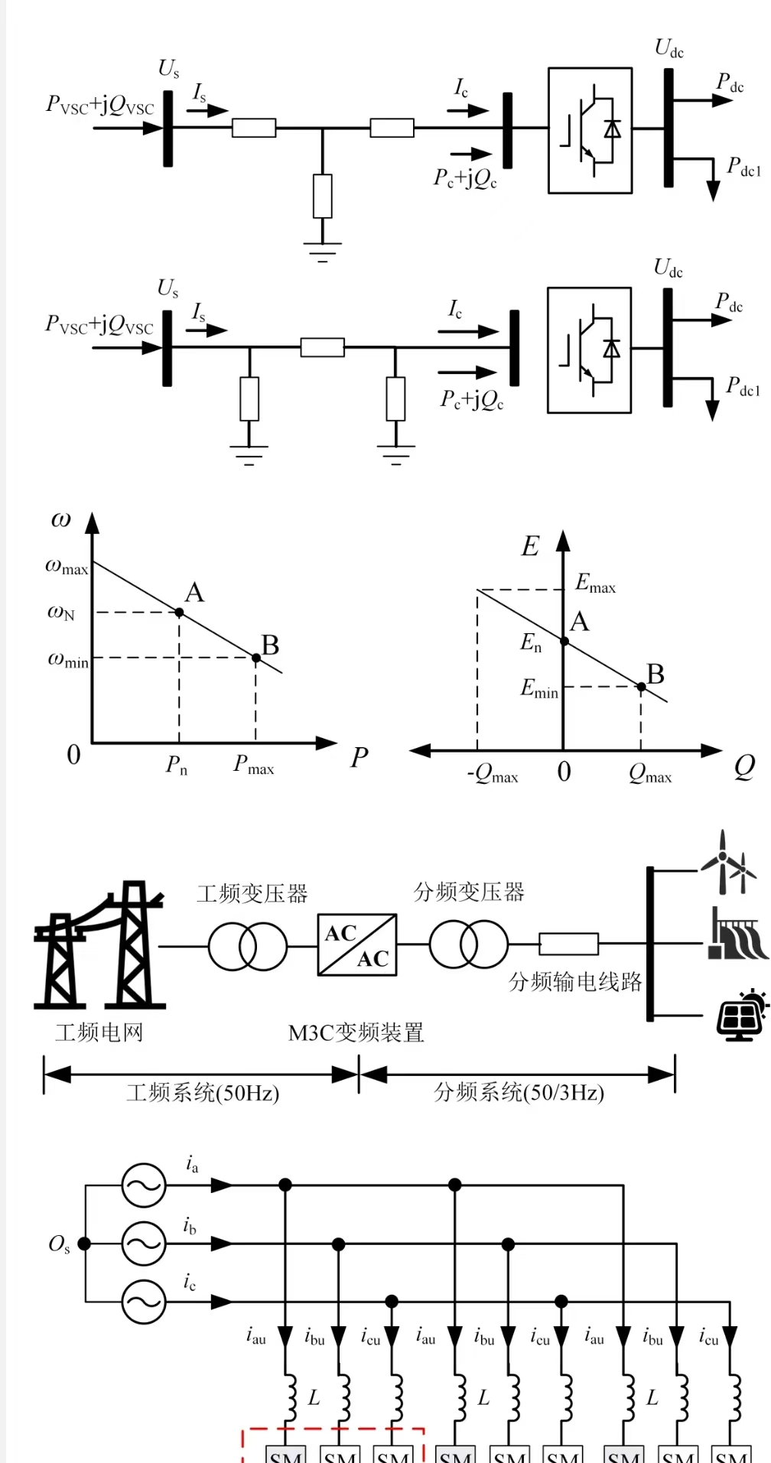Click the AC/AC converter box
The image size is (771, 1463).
click(357, 944)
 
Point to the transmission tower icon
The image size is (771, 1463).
click(99, 945)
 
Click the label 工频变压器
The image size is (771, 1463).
click(252, 893)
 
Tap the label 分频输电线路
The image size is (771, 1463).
click(575, 982)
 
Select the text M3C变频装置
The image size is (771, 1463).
click(356, 1033)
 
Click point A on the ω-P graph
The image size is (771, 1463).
click(180, 612)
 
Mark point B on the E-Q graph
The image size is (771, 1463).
click(641, 687)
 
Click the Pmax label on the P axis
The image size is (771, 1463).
click(253, 765)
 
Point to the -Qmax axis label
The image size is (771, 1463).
click(493, 775)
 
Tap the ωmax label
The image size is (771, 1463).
click(67, 567)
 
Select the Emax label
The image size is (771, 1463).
click(595, 584)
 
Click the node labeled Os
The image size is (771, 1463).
click(84, 1244)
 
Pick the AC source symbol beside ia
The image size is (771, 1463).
click(144, 1185)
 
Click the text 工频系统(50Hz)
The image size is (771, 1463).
click(203, 1093)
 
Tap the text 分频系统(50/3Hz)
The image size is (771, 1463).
click(519, 1092)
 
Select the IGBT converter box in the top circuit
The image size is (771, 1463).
click(590, 131)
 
